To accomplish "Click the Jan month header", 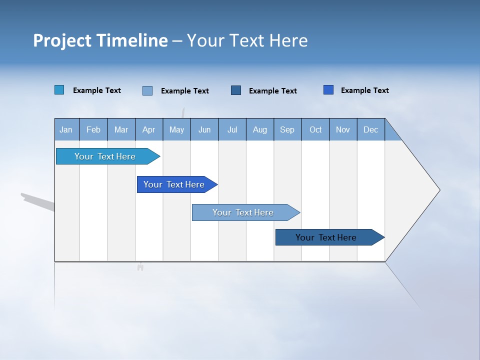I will (x=66, y=129).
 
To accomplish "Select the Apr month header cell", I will (x=148, y=129).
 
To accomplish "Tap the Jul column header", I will (x=232, y=129).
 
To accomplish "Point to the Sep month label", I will (x=287, y=129).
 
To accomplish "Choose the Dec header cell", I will (x=370, y=129).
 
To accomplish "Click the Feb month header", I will (x=93, y=129).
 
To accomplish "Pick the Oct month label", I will (x=315, y=129).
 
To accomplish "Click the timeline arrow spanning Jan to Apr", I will (x=105, y=156).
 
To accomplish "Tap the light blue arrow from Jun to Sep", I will (x=243, y=212).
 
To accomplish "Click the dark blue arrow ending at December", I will (x=326, y=237).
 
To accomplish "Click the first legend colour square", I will (x=59, y=90).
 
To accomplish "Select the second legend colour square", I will (x=147, y=90).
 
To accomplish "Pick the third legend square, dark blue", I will (x=236, y=90).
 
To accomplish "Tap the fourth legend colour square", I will (x=328, y=90).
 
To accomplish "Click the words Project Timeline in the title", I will (x=100, y=40).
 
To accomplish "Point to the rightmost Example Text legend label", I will (x=364, y=90).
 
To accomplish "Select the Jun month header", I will (x=204, y=129).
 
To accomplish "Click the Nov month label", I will (x=343, y=129).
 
